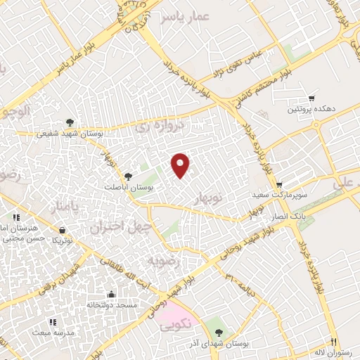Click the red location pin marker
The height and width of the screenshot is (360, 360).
[181, 165]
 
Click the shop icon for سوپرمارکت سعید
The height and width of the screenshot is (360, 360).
[279, 183]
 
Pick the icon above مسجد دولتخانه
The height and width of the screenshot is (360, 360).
[110, 295]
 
